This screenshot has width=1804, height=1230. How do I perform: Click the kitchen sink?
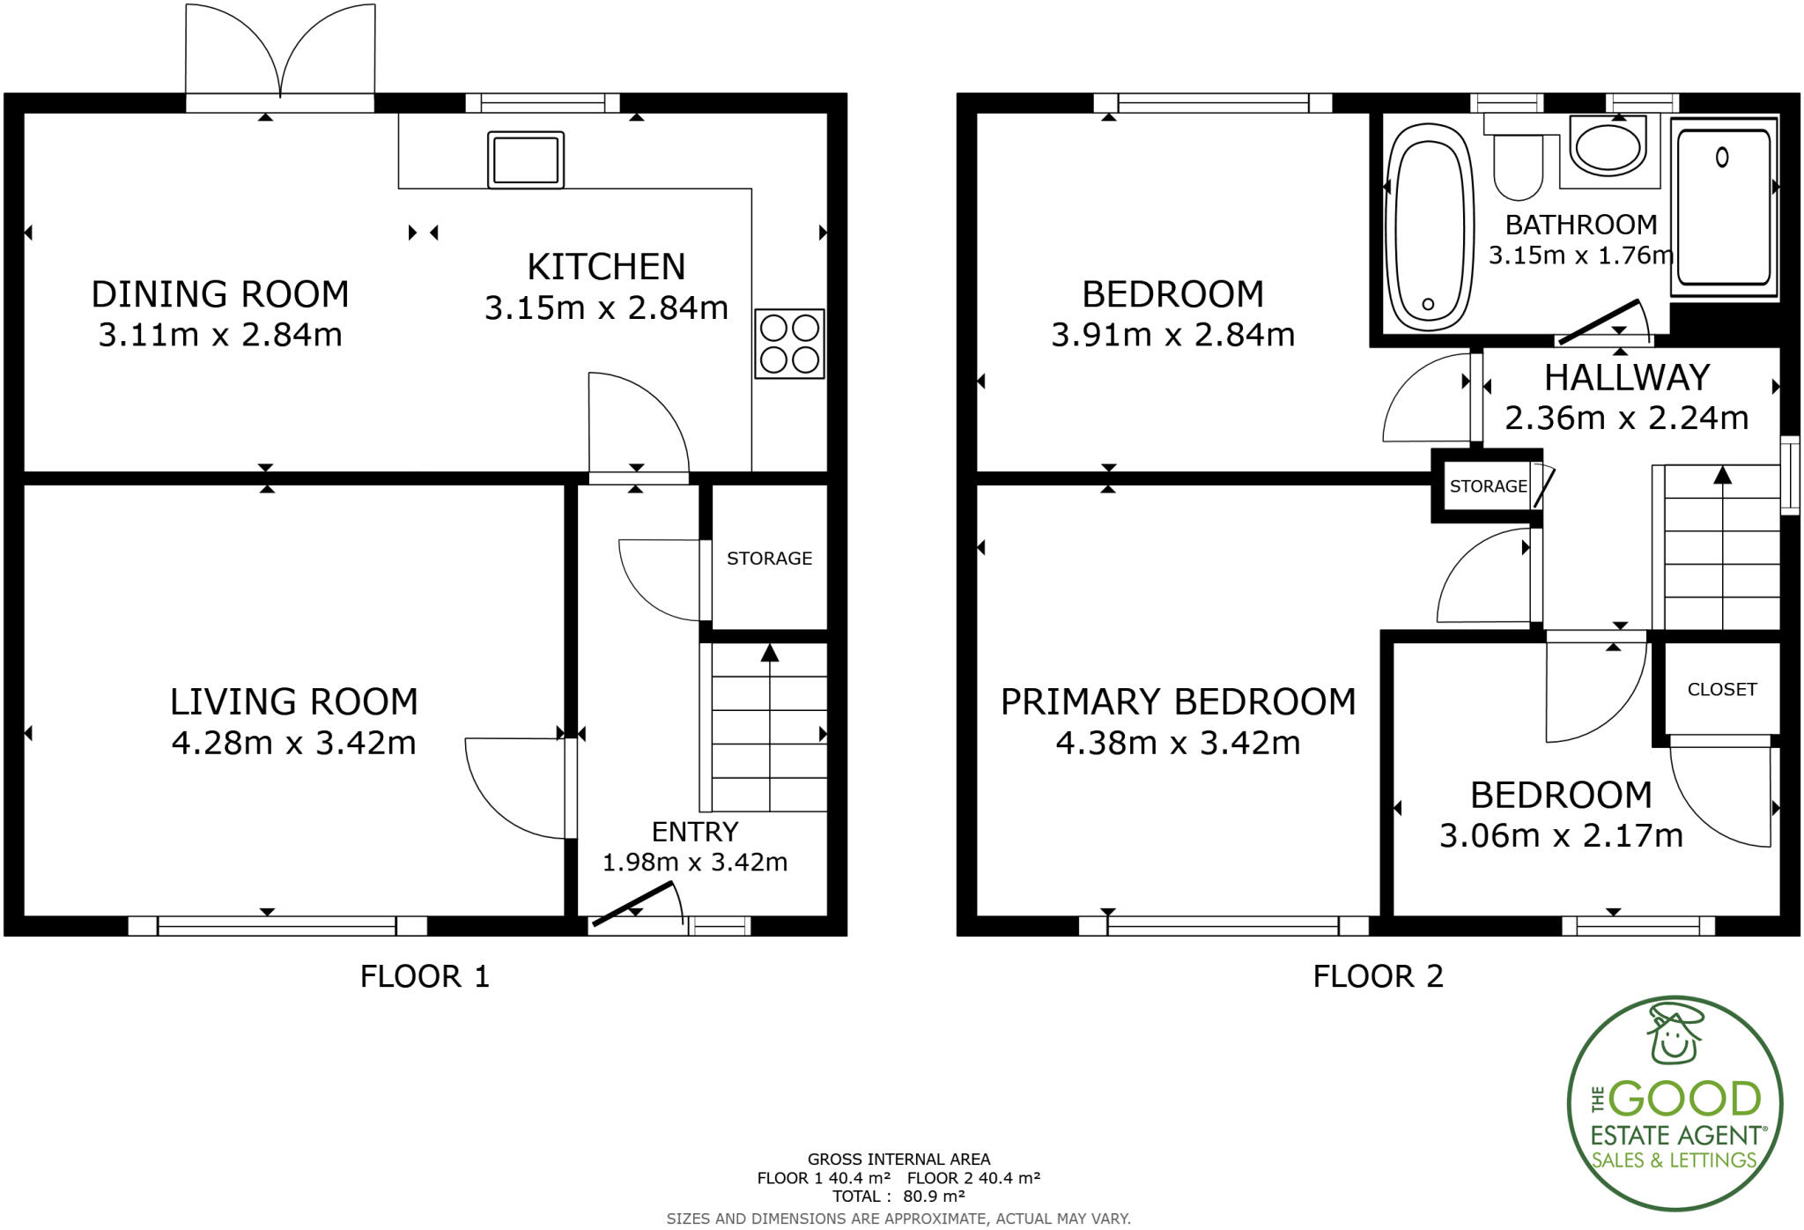(526, 160)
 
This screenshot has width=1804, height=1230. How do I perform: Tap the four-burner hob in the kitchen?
(789, 344)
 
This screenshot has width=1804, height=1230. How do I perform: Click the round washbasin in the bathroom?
(1608, 148)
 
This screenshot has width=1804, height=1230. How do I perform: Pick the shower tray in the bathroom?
(1724, 209)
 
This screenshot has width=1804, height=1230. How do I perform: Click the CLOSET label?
(1721, 690)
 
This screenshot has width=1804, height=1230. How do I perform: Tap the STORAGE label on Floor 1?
(769, 559)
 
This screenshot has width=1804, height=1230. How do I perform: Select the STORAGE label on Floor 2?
(1488, 486)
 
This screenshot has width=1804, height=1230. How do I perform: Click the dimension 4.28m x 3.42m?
(293, 744)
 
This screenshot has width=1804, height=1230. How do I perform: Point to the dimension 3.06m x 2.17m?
(1561, 835)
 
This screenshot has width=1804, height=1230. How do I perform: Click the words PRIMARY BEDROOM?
(1178, 702)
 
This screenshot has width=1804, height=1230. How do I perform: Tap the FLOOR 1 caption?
(425, 976)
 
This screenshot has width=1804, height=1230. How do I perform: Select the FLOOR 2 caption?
(1378, 976)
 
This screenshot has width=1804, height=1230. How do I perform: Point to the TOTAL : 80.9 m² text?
(898, 1197)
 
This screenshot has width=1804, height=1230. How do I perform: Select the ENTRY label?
(694, 832)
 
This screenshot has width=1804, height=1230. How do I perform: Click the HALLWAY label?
(1626, 378)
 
